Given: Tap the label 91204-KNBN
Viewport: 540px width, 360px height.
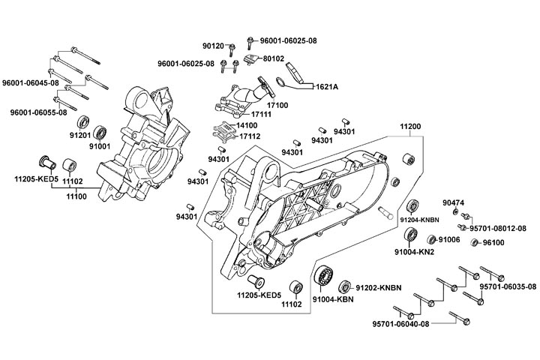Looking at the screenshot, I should point(418,220).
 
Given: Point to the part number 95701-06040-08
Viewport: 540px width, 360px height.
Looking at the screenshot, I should point(401,324).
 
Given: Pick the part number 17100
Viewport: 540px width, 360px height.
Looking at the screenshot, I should point(278,106).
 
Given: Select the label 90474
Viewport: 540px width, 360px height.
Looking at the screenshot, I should point(453,202).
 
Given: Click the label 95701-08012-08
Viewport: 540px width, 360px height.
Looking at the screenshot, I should point(498,227).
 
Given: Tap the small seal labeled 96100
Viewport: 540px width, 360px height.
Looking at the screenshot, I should point(474,242).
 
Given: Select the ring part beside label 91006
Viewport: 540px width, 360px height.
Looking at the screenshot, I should point(431,240).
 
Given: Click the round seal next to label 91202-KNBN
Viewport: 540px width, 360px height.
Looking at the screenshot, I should point(346,286).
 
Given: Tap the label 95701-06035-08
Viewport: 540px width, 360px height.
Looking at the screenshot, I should point(508,286).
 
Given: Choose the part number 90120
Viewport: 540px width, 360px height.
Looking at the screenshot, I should point(215,44).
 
